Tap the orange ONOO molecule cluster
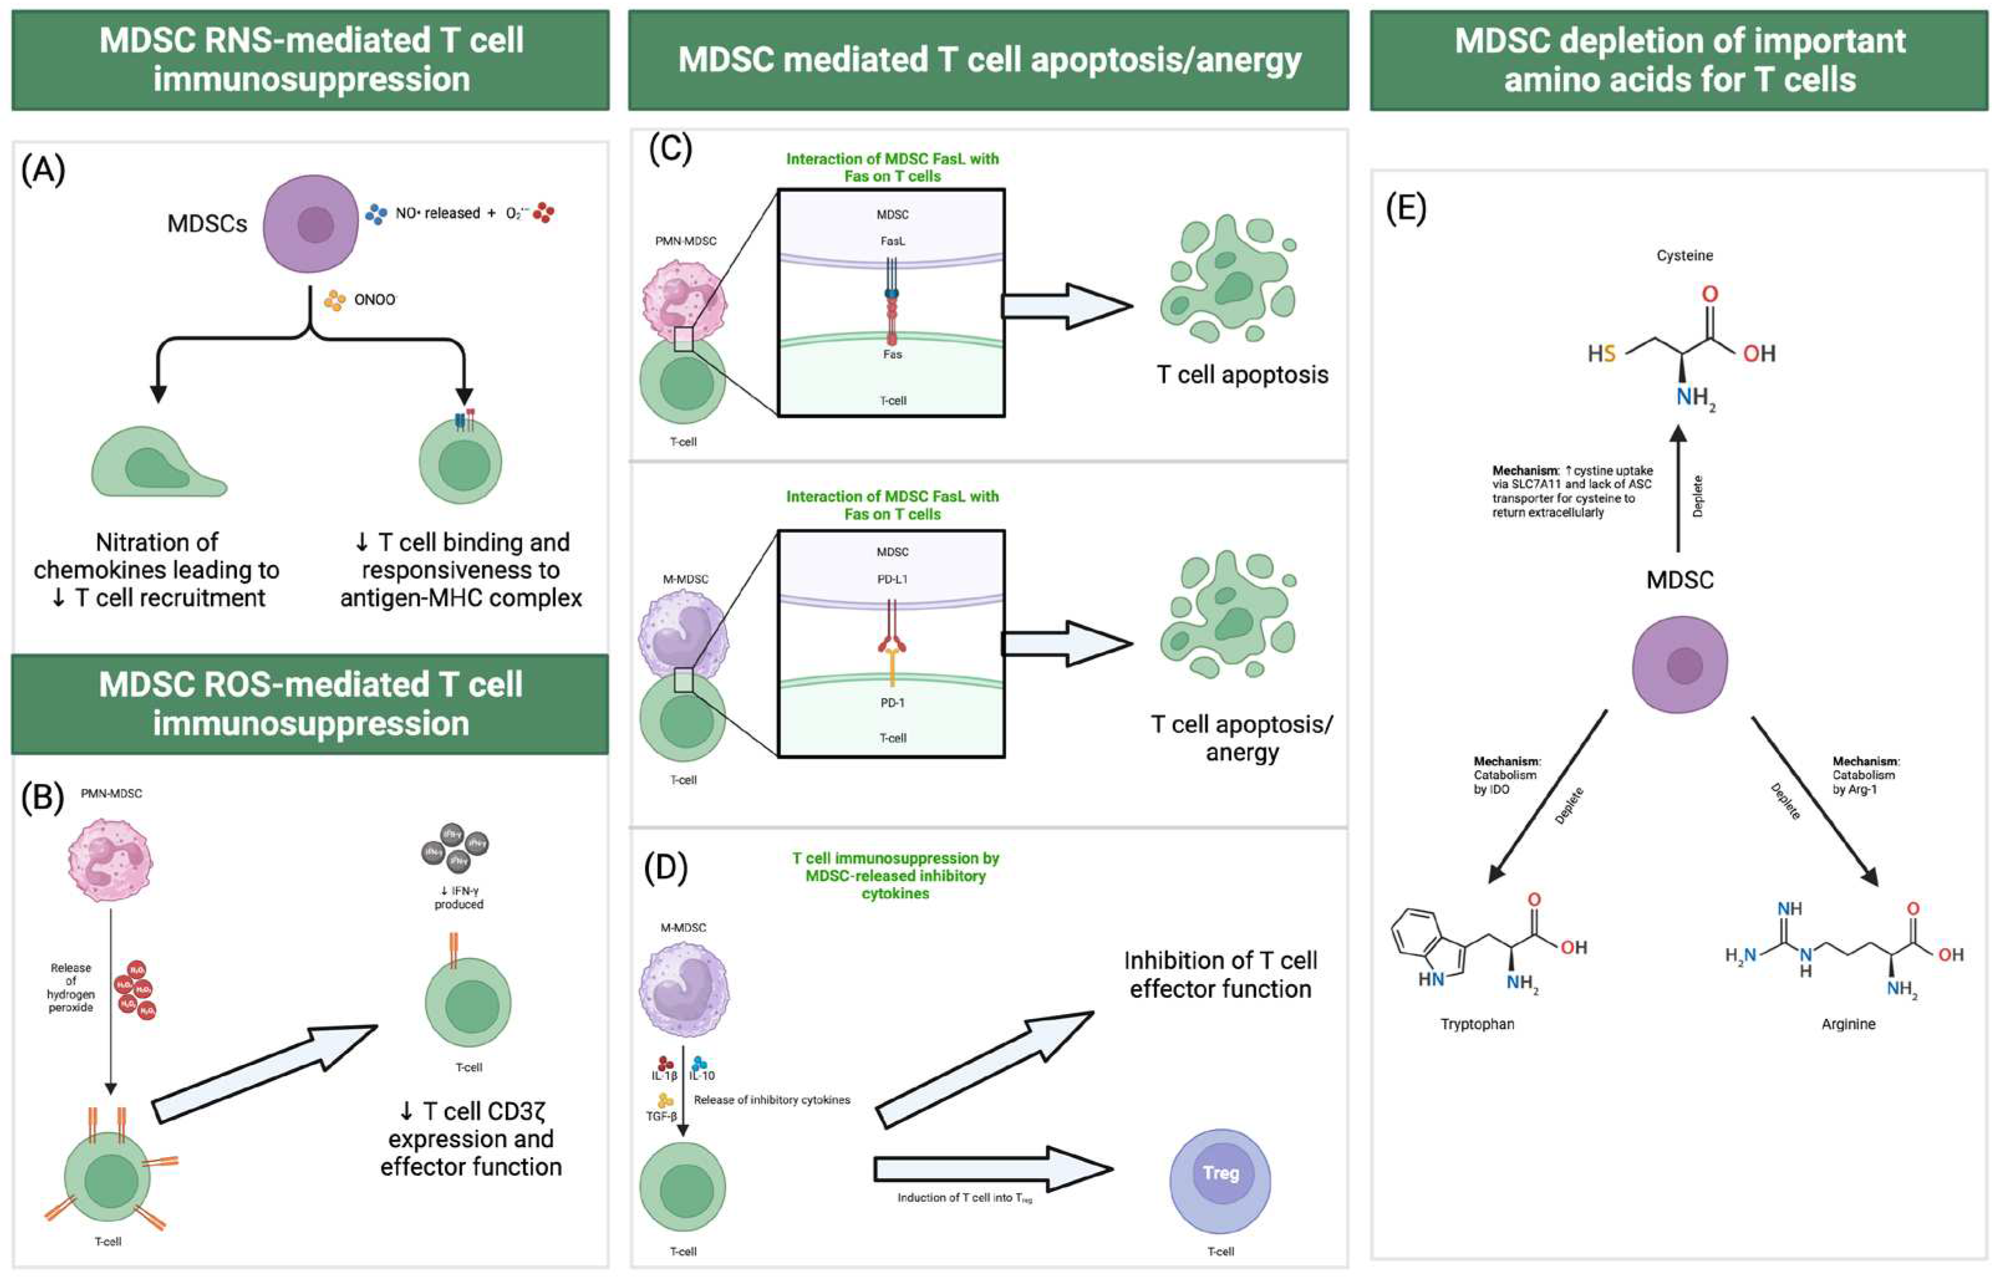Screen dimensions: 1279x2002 click(x=334, y=300)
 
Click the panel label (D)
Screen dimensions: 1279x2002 click(x=665, y=868)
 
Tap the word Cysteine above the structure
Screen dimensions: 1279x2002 click(x=1685, y=255)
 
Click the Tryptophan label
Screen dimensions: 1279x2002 click(x=1477, y=1024)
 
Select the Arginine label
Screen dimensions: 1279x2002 click(x=1848, y=1024)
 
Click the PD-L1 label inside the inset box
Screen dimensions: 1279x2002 click(x=892, y=579)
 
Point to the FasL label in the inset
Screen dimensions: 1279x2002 click(x=892, y=241)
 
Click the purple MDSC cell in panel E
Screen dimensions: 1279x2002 click(x=1680, y=664)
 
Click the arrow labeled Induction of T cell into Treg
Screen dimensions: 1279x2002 click(x=993, y=1168)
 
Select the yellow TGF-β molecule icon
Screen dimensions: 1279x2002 click(x=665, y=1101)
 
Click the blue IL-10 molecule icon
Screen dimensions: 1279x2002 click(x=700, y=1063)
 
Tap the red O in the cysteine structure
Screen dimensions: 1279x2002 click(x=1710, y=294)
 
